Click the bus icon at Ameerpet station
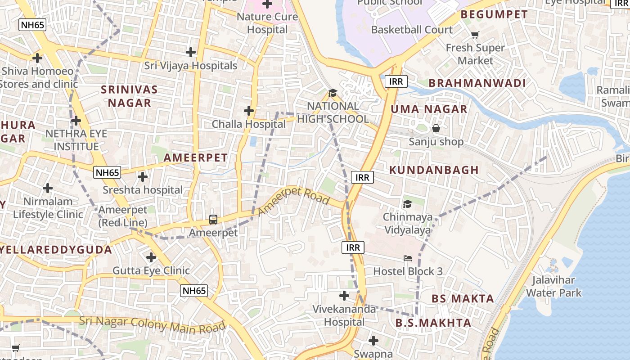pos(213,220)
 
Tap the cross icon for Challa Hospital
pos(248,111)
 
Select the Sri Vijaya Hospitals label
pos(190,66)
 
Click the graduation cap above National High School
pos(333,93)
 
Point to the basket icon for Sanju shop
pos(436,129)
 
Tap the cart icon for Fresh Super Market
pos(475,35)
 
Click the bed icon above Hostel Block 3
pos(407,258)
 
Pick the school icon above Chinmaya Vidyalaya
pos(407,204)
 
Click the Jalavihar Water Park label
pos(553,287)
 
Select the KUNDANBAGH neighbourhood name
pos(434,170)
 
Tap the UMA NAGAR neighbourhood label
pos(429,109)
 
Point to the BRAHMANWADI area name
pos(477,83)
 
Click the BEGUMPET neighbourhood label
pos(494,14)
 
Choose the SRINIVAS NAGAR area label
pos(129,96)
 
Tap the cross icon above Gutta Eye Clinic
pos(151,257)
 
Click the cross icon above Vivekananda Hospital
pos(344,296)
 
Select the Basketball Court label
pos(412,30)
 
